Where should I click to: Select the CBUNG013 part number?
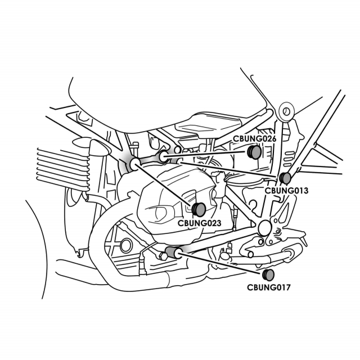click(286, 191)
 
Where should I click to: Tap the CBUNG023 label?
click(199, 223)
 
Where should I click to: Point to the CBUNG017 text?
click(269, 287)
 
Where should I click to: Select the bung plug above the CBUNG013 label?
click(285, 178)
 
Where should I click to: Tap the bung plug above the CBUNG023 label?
click(199, 209)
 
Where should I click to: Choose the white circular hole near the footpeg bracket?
click(263, 226)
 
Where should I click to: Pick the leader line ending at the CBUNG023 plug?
click(166, 186)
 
